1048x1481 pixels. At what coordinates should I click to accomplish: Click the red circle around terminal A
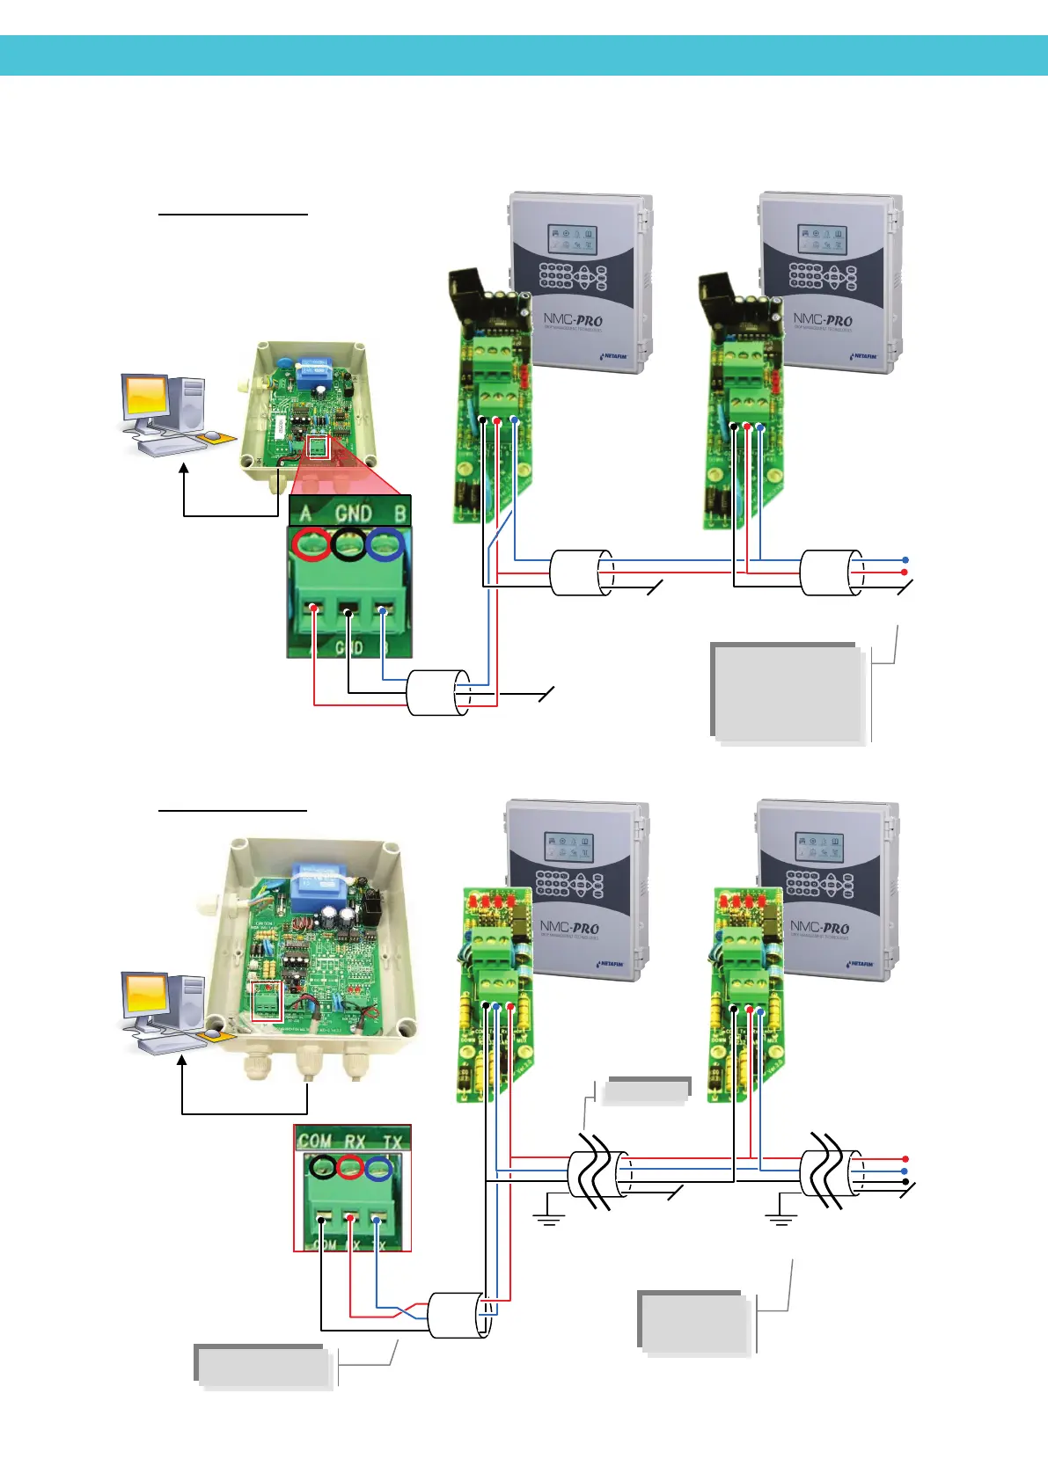click(312, 545)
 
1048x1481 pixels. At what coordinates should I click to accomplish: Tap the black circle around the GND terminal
click(349, 545)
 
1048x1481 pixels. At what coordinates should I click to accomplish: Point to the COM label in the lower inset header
click(314, 1141)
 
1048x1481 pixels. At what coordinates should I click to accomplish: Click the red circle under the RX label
click(349, 1168)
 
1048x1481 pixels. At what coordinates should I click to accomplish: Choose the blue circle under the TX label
click(379, 1169)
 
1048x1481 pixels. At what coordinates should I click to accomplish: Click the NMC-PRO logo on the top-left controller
click(573, 320)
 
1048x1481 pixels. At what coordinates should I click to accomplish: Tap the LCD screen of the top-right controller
click(820, 239)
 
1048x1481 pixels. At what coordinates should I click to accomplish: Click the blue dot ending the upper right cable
click(905, 559)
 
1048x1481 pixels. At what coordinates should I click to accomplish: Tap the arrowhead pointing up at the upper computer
click(184, 471)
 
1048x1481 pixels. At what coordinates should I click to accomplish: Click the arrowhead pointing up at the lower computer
click(182, 1062)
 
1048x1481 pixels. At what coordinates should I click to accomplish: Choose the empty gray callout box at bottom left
click(262, 1366)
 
